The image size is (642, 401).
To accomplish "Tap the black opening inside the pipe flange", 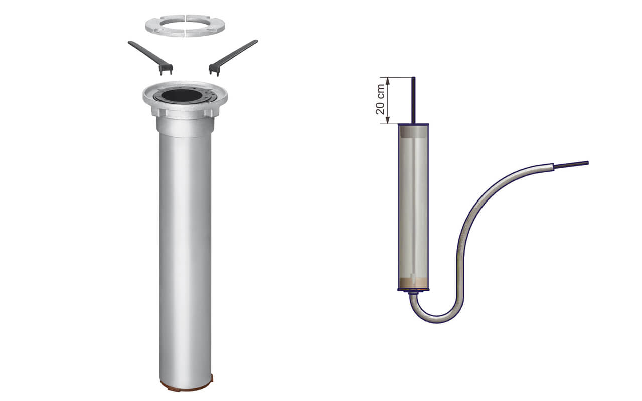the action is [181, 95].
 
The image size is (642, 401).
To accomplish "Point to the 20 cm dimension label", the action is [380, 99].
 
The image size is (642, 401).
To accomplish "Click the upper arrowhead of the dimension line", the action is [388, 81].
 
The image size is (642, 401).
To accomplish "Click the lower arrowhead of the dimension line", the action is [388, 120].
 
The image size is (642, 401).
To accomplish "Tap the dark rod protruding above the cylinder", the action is [413, 100].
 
